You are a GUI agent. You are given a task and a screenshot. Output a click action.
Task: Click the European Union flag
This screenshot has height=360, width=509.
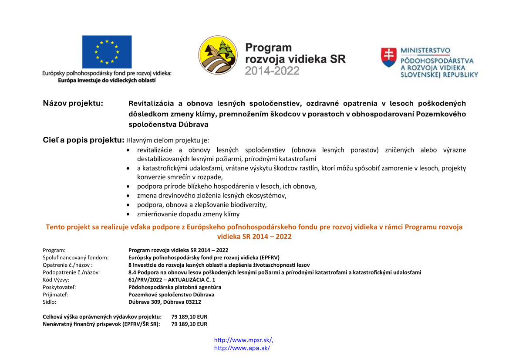pyautogui.click(x=107, y=51)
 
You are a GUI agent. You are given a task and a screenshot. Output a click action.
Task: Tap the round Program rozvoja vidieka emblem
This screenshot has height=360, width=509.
pyautogui.click(x=218, y=55)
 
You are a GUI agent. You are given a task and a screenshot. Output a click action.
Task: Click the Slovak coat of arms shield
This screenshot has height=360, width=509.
pyautogui.click(x=389, y=58)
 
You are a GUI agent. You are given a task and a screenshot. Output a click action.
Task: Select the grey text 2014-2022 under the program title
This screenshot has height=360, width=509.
pyautogui.click(x=272, y=71)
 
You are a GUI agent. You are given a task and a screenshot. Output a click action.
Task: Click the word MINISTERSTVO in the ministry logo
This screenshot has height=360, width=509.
pyautogui.click(x=425, y=51)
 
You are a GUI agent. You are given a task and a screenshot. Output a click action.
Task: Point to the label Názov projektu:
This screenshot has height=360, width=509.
pyautogui.click(x=73, y=103)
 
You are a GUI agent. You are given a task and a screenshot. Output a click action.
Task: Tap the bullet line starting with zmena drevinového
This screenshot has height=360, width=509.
pyautogui.click(x=212, y=195)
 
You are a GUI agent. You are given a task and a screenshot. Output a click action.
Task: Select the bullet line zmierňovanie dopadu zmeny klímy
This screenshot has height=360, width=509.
pyautogui.click(x=188, y=214)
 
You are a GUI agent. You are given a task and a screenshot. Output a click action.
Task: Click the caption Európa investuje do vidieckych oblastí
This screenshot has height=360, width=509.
pyautogui.click(x=107, y=80)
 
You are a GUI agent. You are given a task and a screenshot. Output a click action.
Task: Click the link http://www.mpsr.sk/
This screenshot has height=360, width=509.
pyautogui.click(x=243, y=340)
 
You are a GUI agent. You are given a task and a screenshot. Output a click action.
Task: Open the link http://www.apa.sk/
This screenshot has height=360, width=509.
pyautogui.click(x=242, y=348)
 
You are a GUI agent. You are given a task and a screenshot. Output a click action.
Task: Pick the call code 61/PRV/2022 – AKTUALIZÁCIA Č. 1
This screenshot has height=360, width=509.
pyautogui.click(x=172, y=279)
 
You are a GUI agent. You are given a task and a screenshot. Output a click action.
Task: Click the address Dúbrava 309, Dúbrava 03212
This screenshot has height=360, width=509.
pyautogui.click(x=165, y=302)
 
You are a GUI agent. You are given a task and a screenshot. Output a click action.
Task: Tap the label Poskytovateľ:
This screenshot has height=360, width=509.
pyautogui.click(x=59, y=287)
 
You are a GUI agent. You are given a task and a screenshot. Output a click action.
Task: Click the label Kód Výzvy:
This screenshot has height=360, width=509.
pyautogui.click(x=56, y=279)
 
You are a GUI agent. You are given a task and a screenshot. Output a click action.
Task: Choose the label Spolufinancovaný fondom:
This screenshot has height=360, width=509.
pyautogui.click(x=75, y=258)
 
